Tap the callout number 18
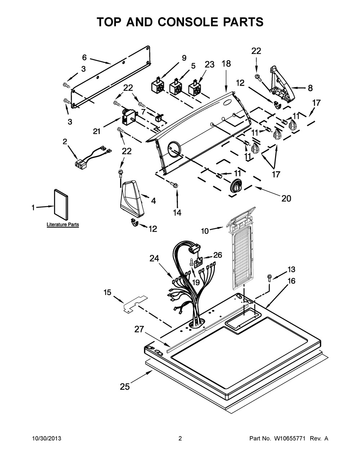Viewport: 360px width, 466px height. (226, 64)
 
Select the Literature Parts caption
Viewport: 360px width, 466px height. (63, 225)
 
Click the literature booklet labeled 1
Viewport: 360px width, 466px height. (61, 205)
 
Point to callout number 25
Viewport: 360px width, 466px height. (125, 387)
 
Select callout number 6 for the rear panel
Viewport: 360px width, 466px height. (85, 58)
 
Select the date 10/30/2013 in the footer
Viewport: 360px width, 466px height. (47, 438)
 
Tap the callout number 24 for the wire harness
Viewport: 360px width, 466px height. (154, 259)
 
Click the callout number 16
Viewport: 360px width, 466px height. (292, 281)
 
